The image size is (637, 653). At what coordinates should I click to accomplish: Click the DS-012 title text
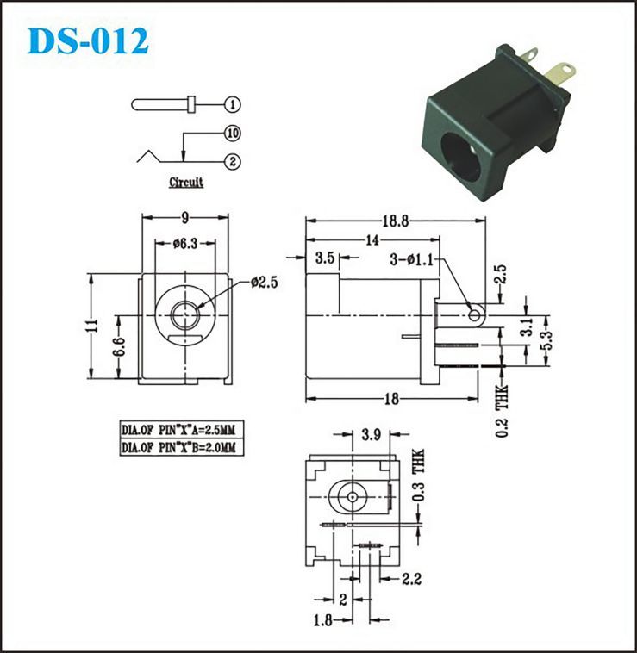[88, 40]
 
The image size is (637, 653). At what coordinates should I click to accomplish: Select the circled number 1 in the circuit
[233, 104]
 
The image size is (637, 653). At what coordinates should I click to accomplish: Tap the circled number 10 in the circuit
[233, 134]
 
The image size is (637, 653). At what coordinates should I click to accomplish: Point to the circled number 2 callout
[233, 162]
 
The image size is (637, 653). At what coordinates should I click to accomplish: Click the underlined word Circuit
[186, 183]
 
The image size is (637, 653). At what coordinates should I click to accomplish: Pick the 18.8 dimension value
[396, 221]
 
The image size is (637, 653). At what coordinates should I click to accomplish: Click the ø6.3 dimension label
[185, 243]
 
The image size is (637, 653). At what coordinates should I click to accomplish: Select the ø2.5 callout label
[264, 283]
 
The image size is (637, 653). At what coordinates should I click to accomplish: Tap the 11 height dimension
[95, 326]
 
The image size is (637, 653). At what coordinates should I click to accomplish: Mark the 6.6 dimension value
[119, 347]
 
